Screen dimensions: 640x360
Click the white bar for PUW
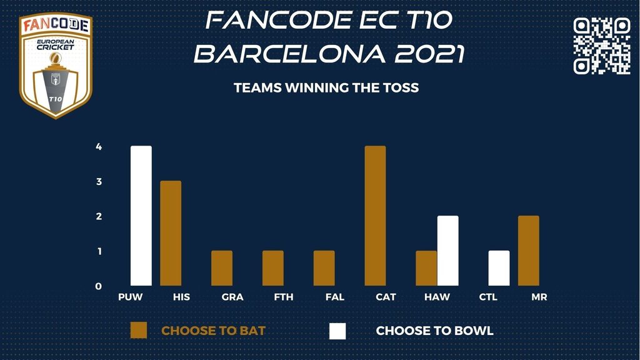(141, 216)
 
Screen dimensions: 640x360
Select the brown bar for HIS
(171, 234)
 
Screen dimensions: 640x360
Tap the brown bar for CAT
(375, 216)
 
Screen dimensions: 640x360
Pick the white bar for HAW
(447, 251)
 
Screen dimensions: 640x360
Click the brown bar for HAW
(426, 268)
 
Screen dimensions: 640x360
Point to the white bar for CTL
(499, 268)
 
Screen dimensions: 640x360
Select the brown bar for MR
(529, 251)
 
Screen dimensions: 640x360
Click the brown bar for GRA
(222, 268)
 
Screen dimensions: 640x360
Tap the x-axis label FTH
(284, 297)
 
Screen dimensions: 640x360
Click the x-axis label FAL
(335, 297)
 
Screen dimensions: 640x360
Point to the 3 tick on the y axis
(99, 182)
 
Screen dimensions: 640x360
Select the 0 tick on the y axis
(98, 286)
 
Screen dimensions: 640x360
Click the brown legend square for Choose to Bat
(139, 331)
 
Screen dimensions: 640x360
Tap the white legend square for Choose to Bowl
(337, 331)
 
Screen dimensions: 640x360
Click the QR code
(602, 46)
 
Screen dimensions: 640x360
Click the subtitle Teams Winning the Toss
(326, 87)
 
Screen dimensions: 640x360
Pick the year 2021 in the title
(430, 54)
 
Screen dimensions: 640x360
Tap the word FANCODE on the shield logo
(56, 25)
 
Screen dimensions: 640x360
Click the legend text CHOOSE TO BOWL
(435, 331)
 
